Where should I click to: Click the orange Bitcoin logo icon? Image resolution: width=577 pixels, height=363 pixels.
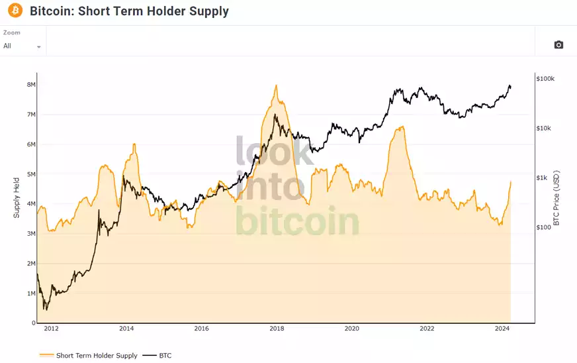point(15,11)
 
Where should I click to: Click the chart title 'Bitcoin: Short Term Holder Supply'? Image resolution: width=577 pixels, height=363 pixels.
point(129,11)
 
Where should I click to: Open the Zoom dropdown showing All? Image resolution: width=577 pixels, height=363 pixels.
point(22,46)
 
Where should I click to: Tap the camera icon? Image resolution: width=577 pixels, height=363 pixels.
point(558,44)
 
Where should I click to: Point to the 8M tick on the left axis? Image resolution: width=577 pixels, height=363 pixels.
point(31,85)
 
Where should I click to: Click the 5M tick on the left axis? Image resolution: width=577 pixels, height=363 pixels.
point(31,174)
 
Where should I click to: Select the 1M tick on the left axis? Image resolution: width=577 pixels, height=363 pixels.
point(31,293)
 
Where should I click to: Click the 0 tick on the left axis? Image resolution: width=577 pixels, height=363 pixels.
point(33,323)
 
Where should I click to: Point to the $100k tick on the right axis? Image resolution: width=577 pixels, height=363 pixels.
point(545,79)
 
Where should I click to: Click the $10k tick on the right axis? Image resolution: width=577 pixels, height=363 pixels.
point(544,129)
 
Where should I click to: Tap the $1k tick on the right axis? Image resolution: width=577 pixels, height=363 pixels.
point(543,178)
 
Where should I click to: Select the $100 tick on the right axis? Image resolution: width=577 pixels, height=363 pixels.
point(544,228)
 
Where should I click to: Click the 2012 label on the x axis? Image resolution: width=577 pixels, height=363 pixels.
point(51,329)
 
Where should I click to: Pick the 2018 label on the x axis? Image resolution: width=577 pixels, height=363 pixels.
point(277,329)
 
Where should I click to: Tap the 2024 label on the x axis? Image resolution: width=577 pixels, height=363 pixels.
point(502,329)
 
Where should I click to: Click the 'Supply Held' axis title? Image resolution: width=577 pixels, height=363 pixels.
point(17,197)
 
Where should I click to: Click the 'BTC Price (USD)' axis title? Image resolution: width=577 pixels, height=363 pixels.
point(556,197)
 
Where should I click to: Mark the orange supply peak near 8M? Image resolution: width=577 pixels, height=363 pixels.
point(276,85)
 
